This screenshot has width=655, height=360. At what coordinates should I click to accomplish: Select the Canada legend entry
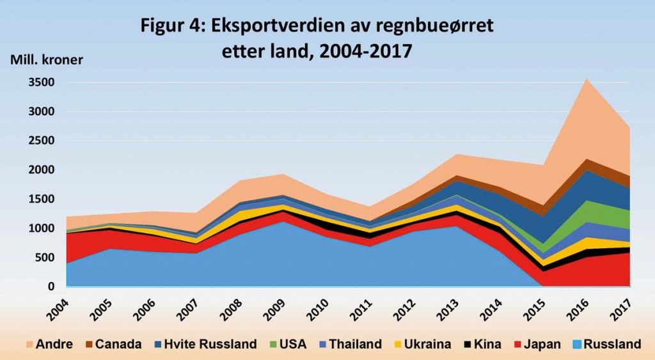pyautogui.click(x=112, y=344)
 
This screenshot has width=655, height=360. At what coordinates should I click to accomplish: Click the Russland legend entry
pyautogui.click(x=606, y=344)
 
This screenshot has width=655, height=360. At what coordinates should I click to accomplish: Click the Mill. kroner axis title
pyautogui.click(x=46, y=60)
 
